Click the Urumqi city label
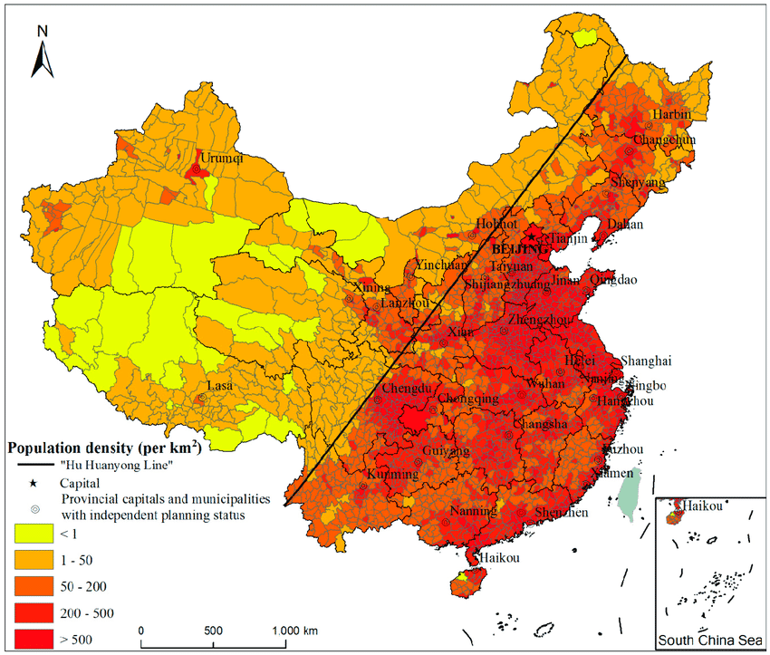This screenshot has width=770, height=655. click(221, 158)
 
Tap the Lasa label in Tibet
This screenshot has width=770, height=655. click(220, 386)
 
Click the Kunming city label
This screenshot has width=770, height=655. click(392, 474)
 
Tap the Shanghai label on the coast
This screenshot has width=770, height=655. click(647, 360)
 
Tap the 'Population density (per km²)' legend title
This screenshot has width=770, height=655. click(103, 448)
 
